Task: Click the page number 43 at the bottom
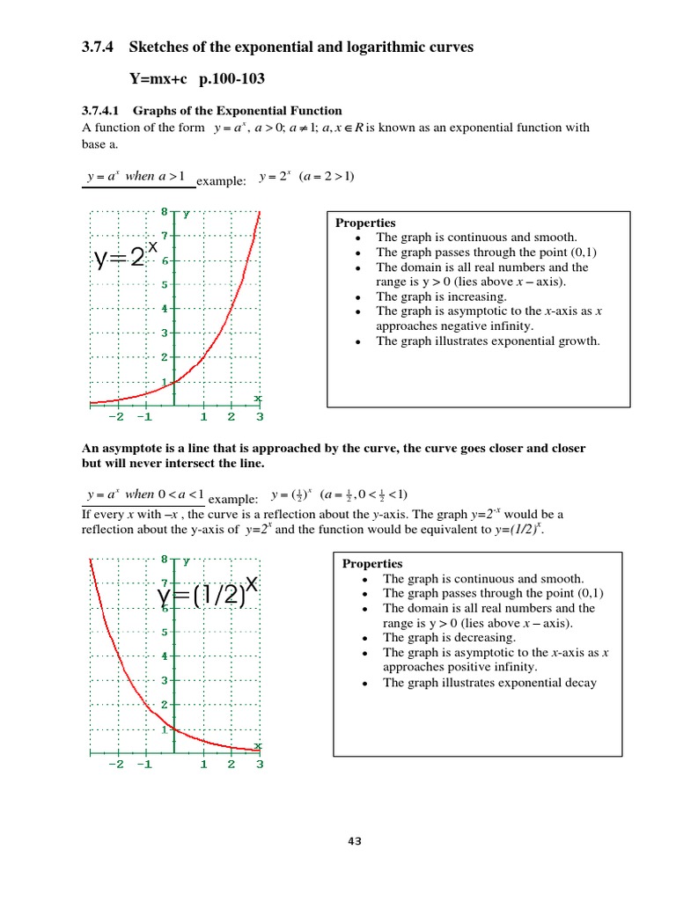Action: tap(355, 841)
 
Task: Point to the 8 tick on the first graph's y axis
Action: tap(164, 212)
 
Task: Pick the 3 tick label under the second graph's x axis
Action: tap(260, 764)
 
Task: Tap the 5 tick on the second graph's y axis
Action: tap(164, 632)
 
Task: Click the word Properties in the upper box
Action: tap(365, 223)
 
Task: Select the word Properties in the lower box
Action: tap(372, 564)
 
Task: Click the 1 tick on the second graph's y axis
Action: tap(164, 729)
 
